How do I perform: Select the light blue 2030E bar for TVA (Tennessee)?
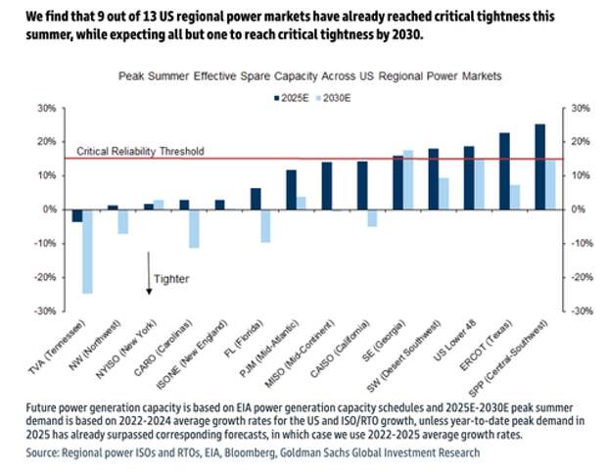[x=87, y=252]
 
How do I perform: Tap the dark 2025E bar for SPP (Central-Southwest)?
[x=539, y=166]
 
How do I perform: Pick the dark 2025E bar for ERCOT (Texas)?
[x=504, y=170]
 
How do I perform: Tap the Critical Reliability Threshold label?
[x=141, y=151]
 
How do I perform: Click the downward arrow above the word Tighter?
[x=149, y=270]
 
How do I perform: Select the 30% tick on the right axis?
[x=580, y=108]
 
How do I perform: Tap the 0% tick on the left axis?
[x=48, y=210]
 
